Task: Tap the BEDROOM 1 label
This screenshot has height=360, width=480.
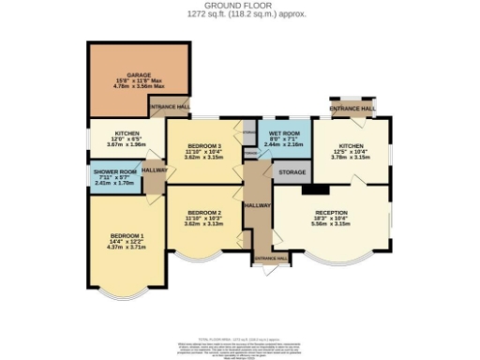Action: [x=127, y=234]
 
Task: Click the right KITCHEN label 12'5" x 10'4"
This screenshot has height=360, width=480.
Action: [x=350, y=147]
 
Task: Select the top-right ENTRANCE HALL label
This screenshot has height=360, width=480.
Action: [x=352, y=110]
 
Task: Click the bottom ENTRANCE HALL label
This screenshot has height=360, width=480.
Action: [x=270, y=258]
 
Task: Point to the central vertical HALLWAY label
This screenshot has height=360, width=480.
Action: [x=257, y=204]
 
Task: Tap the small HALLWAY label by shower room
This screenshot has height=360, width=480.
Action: [x=156, y=171]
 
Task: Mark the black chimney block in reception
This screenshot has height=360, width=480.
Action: [x=308, y=190]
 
